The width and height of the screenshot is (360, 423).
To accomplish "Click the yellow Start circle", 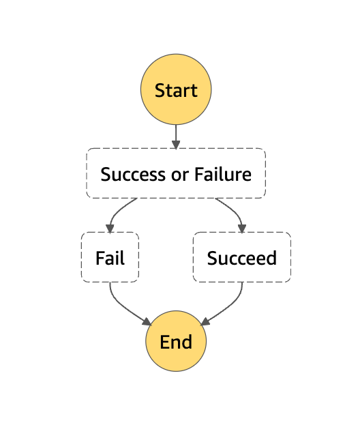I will coord(176,90).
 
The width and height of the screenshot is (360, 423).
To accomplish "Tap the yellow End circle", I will coord(176,341).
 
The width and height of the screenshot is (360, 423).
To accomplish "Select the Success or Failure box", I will coord(176,173).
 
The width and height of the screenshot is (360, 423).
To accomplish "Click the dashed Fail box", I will coord(110,258).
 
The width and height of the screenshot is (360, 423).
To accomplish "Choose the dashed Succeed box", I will coord(242,258).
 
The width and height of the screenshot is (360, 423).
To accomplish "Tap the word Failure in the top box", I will coord(224,174).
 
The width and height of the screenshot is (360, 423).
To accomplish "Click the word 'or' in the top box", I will coord(179,174).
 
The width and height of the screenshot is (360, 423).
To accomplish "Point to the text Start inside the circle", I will coord(176,90).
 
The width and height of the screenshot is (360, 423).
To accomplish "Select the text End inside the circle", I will coord(176,342).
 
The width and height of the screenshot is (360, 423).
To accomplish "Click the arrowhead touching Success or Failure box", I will coord(176,144).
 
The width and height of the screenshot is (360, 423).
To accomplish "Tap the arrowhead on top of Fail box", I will coord(110,228).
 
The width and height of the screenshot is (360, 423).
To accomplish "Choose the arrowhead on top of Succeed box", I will coord(242,228).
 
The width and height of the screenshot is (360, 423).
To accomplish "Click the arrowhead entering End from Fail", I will coord(147,321).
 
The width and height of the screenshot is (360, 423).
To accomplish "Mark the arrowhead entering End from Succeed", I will coord(205,321).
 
